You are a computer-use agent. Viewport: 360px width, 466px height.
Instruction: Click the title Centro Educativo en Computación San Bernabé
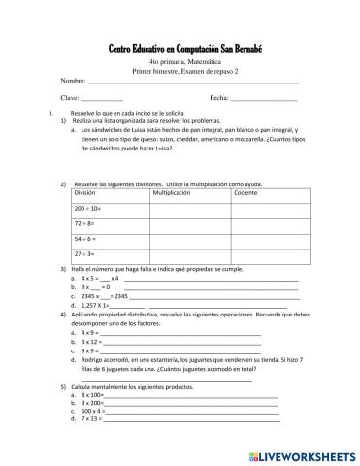click(179, 50)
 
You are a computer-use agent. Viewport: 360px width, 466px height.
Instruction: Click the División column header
click(87, 194)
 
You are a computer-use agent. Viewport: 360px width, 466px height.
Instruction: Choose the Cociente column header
click(246, 194)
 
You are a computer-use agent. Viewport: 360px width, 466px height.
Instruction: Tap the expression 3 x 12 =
click(92, 341)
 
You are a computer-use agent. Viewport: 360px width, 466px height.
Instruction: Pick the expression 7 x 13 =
click(92, 418)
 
